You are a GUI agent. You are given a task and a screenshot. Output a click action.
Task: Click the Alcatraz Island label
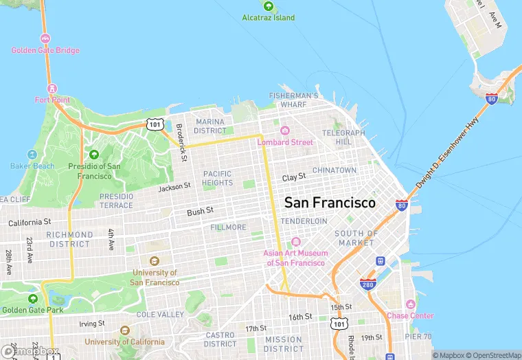[x=268, y=18]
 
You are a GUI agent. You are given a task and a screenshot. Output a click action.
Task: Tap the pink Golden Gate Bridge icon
[x=45, y=38]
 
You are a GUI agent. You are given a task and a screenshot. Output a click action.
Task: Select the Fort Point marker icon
[x=52, y=88]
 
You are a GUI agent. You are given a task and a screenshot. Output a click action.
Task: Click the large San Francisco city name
[x=330, y=203]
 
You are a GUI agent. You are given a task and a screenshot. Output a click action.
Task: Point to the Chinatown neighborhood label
[x=334, y=170]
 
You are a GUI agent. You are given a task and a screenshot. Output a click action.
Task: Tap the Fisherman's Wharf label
[x=293, y=100]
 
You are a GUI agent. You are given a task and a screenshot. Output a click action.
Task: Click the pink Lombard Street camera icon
[x=284, y=131]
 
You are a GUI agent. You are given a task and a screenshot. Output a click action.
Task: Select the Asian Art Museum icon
[x=295, y=242]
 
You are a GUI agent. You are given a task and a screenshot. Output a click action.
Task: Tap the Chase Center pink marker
[x=410, y=304]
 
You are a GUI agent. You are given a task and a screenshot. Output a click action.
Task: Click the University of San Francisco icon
[x=154, y=261]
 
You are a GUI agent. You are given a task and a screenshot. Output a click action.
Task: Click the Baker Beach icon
[x=32, y=155]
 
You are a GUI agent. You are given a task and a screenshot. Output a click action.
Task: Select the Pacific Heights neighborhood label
[x=217, y=178]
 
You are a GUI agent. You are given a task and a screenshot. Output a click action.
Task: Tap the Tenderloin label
[x=304, y=221]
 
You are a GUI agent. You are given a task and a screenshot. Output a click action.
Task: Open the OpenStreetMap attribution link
[x=490, y=355]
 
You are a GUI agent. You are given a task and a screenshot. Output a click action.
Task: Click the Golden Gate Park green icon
[x=32, y=299]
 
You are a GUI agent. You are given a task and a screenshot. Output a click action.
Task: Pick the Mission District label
[x=284, y=344]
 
